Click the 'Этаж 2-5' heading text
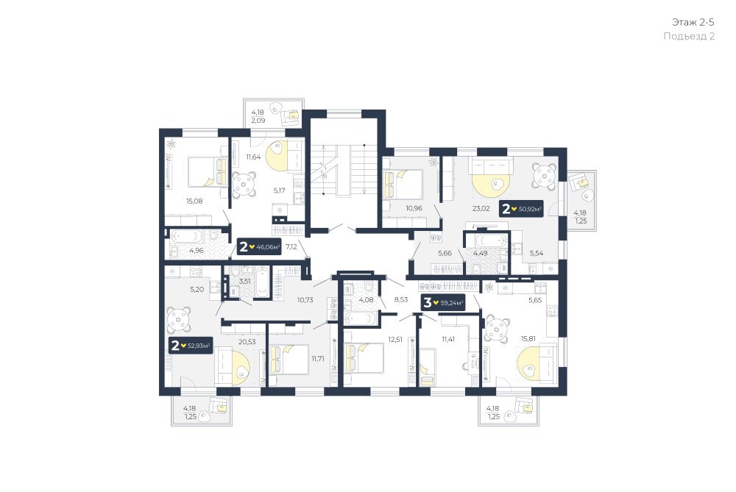tap(693, 22)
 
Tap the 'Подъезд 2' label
tap(689, 36)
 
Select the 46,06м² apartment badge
tap(259, 246)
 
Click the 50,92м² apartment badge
tap(522, 208)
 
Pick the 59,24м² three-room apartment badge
tap(442, 302)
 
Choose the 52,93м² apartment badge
tap(191, 346)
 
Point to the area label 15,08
tap(194, 202)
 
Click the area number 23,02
tap(481, 208)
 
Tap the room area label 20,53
tap(247, 342)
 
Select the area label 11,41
tap(447, 338)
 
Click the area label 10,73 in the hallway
tap(305, 300)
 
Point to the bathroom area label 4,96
tap(197, 251)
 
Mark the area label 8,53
tap(401, 299)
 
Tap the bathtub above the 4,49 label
tap(491, 241)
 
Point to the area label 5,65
tap(535, 300)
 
